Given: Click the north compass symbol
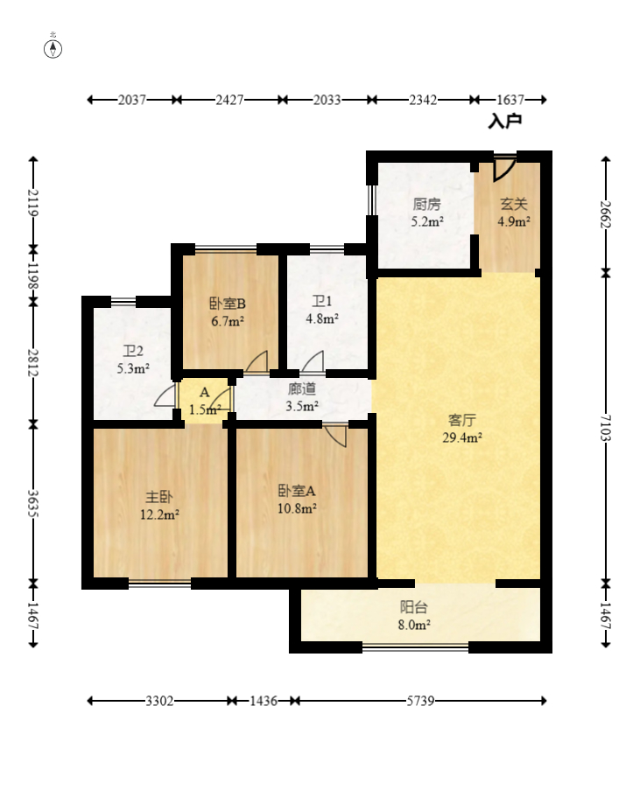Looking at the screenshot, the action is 53,49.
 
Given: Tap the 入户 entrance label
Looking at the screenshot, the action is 505,122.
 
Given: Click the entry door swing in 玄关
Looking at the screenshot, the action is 503,169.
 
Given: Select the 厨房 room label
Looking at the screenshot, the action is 426,204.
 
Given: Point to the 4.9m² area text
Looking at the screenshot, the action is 513,221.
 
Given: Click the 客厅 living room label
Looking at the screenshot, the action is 461,421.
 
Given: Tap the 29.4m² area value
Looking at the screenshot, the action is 461,437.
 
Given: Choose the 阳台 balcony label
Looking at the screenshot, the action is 413,608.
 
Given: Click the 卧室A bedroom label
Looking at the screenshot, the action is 297,491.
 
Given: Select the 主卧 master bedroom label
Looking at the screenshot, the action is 159,497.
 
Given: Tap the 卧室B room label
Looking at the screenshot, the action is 228,304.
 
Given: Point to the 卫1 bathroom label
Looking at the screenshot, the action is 321,301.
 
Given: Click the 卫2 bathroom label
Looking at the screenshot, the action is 133,351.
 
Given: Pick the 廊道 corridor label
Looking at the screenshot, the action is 302,389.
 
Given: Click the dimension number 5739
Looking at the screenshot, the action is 420,701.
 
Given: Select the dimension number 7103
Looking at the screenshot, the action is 606,428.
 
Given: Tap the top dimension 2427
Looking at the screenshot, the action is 229,100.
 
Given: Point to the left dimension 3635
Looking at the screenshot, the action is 32,504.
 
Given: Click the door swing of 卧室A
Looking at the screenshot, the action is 337,437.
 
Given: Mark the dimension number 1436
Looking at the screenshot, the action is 264,701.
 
